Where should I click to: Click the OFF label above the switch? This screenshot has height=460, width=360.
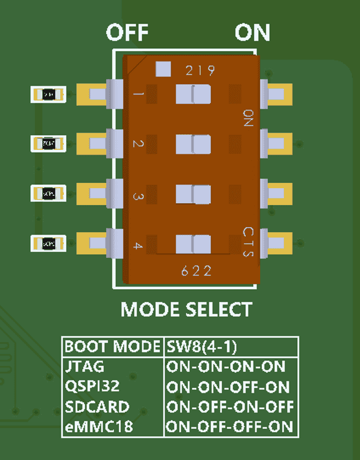coord(127,33)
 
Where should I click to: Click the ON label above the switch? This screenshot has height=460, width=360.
coord(253,33)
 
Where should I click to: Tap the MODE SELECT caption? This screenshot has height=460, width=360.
coord(186,309)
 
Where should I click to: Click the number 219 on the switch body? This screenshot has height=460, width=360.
coord(200,71)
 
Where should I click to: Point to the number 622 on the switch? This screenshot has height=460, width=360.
coord(196,271)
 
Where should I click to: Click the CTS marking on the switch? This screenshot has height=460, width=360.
coord(248,243)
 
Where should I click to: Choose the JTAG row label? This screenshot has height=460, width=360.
coord(85,366)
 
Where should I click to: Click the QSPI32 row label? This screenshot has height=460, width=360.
coord(93,387)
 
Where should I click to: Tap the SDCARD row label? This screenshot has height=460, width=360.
coord(97,407)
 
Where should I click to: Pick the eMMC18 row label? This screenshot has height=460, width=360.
coord(99,427)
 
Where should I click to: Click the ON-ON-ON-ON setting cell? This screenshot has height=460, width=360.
coord(226,366)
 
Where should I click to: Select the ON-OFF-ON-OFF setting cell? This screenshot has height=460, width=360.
coord(230,407)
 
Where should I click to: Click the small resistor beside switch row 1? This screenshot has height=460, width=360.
coord(49,94)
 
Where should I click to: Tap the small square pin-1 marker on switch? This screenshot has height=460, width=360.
coord(163,69)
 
